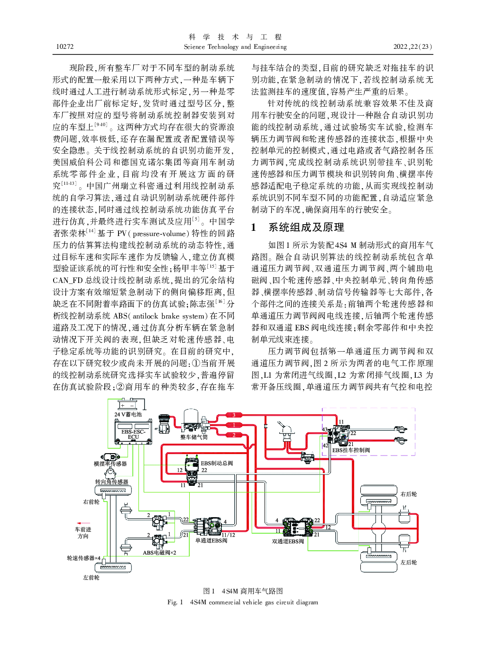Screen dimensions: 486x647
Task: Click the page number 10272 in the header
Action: [x=64, y=46]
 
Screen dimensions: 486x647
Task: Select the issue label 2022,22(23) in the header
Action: [x=413, y=46]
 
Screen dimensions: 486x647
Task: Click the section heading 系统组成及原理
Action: [x=306, y=227]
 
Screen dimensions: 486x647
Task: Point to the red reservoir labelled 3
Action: [x=234, y=415]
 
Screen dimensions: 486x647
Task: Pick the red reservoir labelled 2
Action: [x=234, y=435]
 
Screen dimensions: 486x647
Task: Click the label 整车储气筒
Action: [x=194, y=437]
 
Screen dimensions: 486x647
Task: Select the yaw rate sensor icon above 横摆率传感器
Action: [x=110, y=456]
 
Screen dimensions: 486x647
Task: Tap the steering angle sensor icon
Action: [x=110, y=474]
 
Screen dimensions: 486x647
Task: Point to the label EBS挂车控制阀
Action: [x=351, y=450]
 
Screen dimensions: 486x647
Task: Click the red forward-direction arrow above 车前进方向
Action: [x=83, y=523]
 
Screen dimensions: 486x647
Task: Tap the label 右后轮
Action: [x=409, y=494]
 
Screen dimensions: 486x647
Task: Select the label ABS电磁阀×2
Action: [x=159, y=552]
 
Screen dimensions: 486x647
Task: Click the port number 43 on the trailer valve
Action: [x=324, y=429]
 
